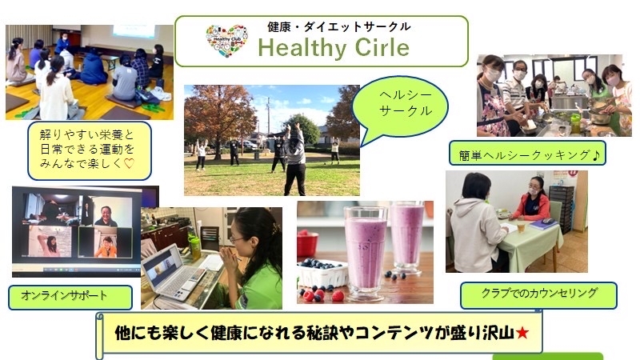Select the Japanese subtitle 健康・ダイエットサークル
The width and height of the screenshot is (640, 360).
tap(338, 27)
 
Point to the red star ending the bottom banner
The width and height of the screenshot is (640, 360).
tap(522, 334)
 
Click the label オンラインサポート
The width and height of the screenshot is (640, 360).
tap(64, 295)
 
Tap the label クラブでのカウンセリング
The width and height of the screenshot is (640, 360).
tap(539, 293)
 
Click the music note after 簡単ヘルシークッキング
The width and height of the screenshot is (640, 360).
tap(596, 154)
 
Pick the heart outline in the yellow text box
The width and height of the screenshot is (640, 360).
tap(129, 164)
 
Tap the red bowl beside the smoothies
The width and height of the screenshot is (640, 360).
tap(307, 244)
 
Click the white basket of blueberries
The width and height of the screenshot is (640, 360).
tap(323, 274)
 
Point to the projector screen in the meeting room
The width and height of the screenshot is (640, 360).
tap(134, 32)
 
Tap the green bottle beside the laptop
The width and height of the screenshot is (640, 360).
tap(194, 248)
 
